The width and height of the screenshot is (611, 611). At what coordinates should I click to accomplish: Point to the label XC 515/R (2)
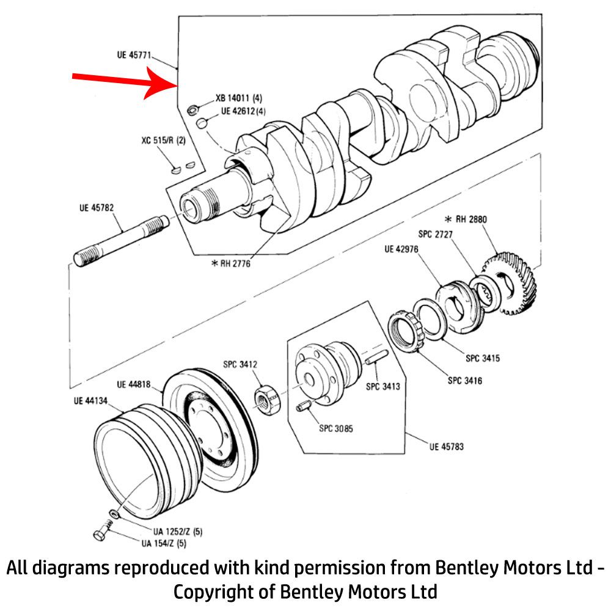(163, 141)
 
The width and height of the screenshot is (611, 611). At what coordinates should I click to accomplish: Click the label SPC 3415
(482, 358)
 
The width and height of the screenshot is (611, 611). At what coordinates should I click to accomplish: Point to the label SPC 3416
(464, 381)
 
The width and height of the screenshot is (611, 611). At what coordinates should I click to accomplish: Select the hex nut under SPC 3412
(266, 400)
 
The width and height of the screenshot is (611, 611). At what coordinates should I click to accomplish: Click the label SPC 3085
(336, 428)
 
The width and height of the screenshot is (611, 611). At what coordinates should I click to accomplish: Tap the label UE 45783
(446, 447)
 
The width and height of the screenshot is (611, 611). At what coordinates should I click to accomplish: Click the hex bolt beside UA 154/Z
(101, 534)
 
